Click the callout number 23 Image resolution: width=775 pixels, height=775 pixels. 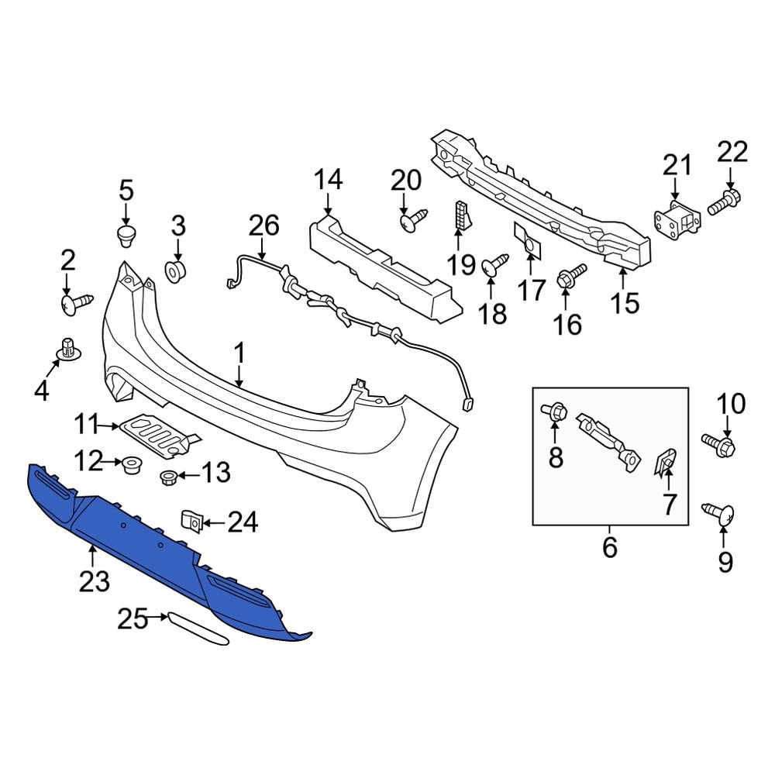(95, 581)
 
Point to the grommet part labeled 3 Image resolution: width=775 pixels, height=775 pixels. (177, 272)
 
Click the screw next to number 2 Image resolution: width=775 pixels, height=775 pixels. (76, 305)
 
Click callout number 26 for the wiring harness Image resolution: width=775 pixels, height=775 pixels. (262, 227)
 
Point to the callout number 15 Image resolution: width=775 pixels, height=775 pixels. (625, 303)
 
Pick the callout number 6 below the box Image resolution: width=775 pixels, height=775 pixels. (609, 548)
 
